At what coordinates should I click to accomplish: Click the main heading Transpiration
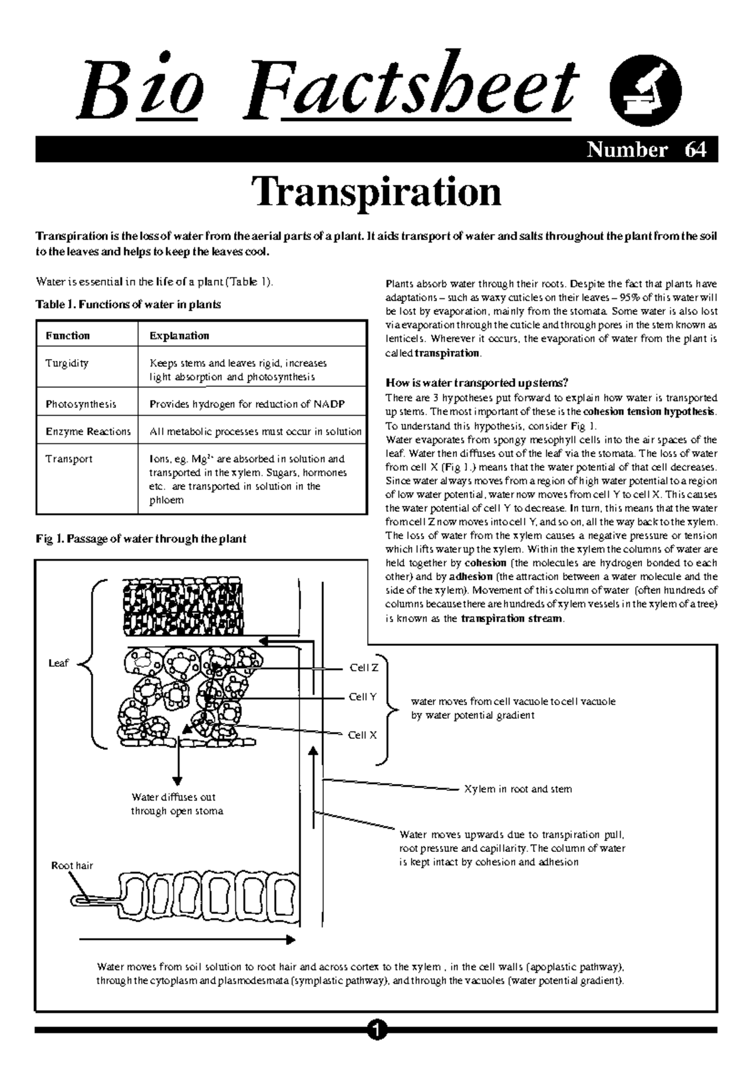(x=376, y=192)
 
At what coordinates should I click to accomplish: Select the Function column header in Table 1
(x=68, y=336)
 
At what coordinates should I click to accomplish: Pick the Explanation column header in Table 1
(x=179, y=336)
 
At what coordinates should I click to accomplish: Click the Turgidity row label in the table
(x=67, y=363)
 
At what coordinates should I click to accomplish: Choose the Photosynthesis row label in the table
(x=81, y=404)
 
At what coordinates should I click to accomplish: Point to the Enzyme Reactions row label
(x=88, y=432)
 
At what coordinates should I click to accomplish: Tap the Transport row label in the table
(x=69, y=459)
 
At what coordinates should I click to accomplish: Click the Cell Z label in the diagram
(x=363, y=668)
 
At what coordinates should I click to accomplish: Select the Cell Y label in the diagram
(x=363, y=697)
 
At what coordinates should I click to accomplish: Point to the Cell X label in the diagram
(x=362, y=735)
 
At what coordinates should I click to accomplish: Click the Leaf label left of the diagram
(x=58, y=663)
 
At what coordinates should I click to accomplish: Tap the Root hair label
(x=72, y=866)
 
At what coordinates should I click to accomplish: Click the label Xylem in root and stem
(x=518, y=789)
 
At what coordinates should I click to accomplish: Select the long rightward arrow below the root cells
(x=187, y=940)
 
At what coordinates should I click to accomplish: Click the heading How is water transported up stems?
(x=476, y=384)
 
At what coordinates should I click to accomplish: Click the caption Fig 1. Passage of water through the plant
(x=141, y=539)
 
